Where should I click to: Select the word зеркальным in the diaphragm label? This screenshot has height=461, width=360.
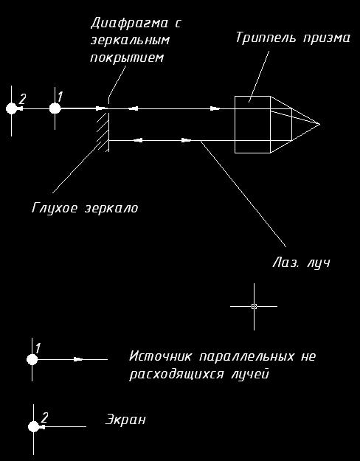point(130,41)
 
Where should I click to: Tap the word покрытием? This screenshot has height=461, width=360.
point(126,57)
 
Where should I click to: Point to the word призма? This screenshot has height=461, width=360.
point(328,39)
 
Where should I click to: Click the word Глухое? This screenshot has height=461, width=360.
point(55,207)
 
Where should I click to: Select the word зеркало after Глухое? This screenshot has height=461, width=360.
point(111,208)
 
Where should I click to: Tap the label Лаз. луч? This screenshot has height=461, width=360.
point(301,263)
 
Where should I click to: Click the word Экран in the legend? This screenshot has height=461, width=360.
point(125,420)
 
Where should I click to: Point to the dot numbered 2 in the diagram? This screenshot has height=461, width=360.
point(12,108)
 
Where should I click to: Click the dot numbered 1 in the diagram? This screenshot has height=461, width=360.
point(55,108)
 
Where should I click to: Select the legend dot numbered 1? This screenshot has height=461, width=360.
point(32,359)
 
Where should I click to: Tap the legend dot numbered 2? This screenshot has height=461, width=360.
point(34,426)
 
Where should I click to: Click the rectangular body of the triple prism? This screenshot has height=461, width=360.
point(252,125)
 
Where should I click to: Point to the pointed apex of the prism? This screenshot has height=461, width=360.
point(319,124)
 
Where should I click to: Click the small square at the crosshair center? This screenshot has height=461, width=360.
point(254,306)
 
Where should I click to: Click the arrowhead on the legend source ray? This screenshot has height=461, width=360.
point(78,359)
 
